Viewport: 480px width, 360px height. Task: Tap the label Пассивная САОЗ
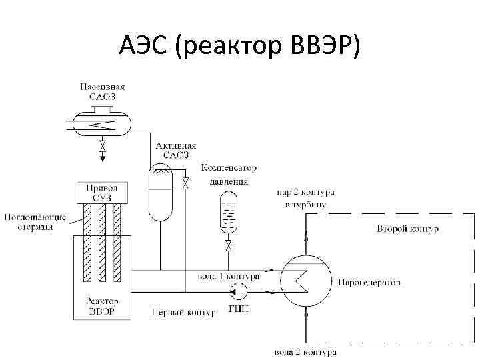point(102,91)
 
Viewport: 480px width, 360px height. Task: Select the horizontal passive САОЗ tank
point(102,123)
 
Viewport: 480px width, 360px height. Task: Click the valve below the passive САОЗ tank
point(102,145)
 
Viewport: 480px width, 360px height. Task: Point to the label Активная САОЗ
point(176,150)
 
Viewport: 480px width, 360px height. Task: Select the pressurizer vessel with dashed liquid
point(229,212)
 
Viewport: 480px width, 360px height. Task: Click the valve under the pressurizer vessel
point(229,247)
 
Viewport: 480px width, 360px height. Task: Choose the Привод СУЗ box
point(102,193)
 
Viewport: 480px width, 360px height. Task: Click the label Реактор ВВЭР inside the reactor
point(102,307)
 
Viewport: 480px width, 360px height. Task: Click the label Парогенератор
point(369,283)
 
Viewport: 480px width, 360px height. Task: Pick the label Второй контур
point(407,229)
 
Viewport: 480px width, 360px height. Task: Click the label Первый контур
point(183,312)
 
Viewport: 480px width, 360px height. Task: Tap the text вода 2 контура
point(305,351)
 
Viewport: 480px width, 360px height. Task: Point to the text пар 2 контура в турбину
point(305,198)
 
